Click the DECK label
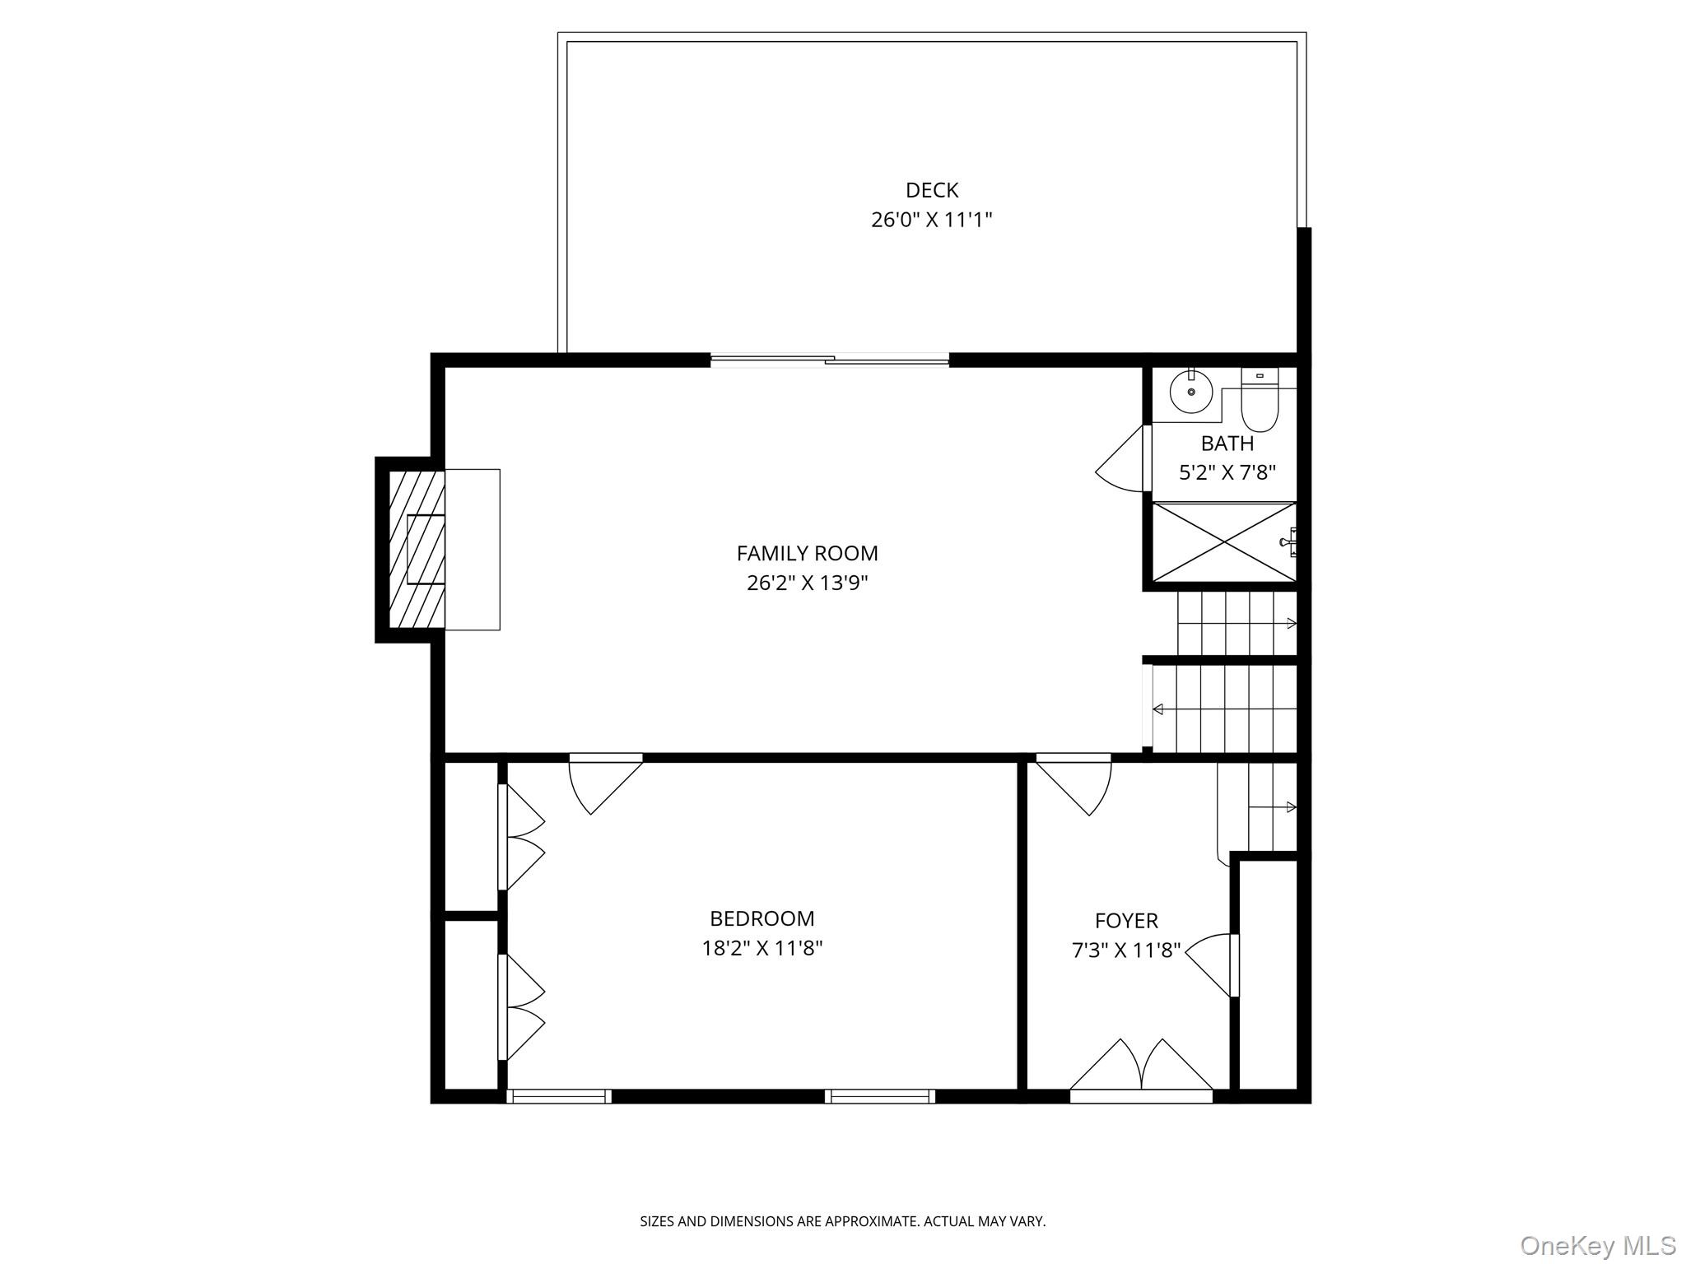click(x=932, y=190)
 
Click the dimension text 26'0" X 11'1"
click(x=932, y=220)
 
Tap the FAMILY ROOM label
click(x=807, y=553)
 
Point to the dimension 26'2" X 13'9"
click(x=807, y=583)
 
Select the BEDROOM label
click(x=761, y=918)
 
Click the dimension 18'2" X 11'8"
click(x=761, y=948)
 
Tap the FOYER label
click(x=1125, y=920)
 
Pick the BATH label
click(x=1227, y=444)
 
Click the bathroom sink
click(x=1191, y=392)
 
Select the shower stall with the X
click(x=1223, y=541)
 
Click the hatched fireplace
click(x=417, y=550)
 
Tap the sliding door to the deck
click(x=830, y=360)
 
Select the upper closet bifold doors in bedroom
click(x=522, y=837)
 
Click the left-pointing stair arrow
click(x=1158, y=709)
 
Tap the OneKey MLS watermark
click(x=1597, y=1244)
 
